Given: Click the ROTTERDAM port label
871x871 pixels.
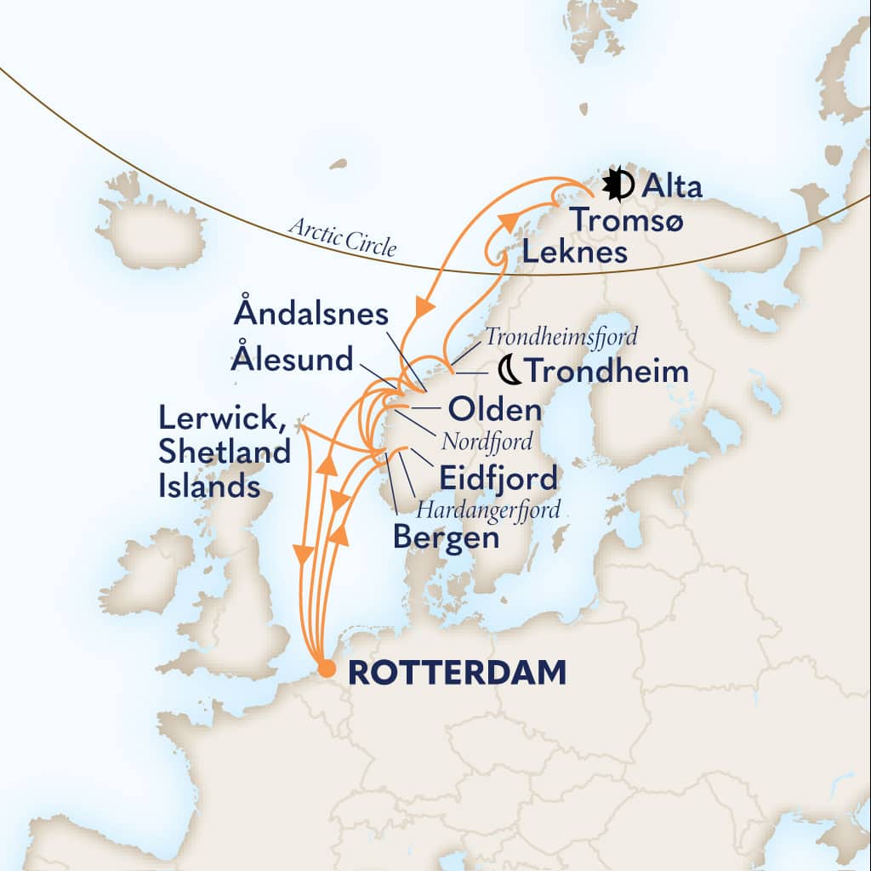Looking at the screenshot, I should click(458, 672).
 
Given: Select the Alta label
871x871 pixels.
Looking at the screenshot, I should click(673, 186).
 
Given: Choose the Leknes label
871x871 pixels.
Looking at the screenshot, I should click(575, 252).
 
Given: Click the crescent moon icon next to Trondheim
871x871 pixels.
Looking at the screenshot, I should click(509, 370).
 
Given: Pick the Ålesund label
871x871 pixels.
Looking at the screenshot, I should click(291, 359).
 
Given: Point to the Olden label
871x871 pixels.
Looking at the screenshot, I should click(494, 410).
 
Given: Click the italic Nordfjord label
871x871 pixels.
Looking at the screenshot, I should click(487, 442).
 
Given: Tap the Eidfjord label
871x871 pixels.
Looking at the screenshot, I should click(498, 478).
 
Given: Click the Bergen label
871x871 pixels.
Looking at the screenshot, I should click(445, 538).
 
